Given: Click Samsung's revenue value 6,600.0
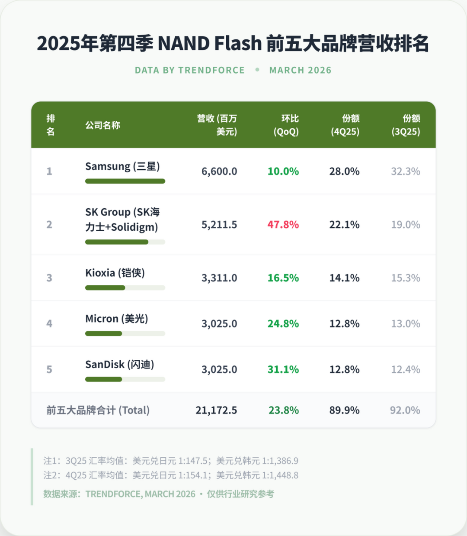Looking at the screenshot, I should pos(219,171).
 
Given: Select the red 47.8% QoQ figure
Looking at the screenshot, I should pos(283,225).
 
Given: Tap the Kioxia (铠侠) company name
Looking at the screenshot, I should pos(115,273).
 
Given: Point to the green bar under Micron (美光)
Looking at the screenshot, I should pos(104,333).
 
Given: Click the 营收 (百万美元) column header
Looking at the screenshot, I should pos(217,125).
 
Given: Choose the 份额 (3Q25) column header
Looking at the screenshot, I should pos(406,125).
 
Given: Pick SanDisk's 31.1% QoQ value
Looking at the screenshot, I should pos(283,369).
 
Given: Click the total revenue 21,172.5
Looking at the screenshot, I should pos(216,410).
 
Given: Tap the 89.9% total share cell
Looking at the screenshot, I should pos(344,410).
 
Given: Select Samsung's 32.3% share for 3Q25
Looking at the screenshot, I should pos(406,171).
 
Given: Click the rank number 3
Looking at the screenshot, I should pos(49,278).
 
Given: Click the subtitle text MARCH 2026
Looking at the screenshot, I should pos(300,70).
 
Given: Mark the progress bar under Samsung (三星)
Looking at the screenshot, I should pos(125,181).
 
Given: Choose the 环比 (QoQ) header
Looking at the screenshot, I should pos(286,125).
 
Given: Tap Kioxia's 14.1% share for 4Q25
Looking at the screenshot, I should pos(344,278).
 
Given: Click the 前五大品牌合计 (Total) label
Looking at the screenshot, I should pos(98,410).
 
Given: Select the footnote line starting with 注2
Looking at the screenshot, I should pos(171,475).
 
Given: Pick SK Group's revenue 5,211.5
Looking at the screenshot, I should pos(219,225).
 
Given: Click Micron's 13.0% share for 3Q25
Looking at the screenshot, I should pos(406,324).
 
